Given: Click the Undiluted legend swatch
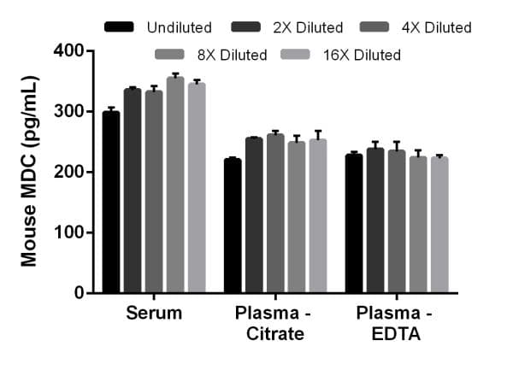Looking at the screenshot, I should click(x=120, y=28).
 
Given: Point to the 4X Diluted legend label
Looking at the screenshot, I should click(x=436, y=28).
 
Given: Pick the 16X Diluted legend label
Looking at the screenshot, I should click(x=362, y=56).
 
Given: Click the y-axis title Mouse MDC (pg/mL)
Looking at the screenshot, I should click(x=29, y=171).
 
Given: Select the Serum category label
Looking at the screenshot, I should click(x=154, y=313).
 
